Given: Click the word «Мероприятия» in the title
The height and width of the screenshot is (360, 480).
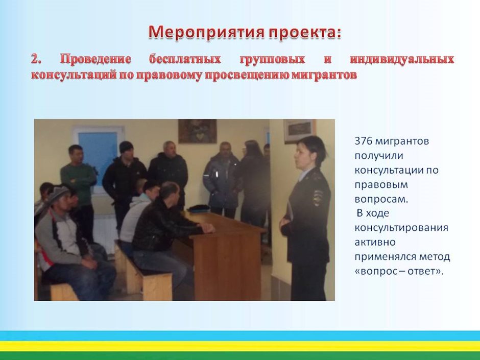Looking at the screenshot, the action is (x=206, y=32).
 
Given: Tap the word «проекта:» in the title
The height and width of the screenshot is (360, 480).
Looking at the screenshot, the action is (x=304, y=33).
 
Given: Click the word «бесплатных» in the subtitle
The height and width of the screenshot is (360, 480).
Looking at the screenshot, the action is (x=185, y=59).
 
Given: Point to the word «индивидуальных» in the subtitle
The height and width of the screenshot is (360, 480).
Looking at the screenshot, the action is (x=402, y=59).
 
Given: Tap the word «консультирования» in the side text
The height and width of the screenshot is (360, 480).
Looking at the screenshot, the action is (x=401, y=228).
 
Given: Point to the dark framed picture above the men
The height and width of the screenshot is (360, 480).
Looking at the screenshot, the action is (x=198, y=131).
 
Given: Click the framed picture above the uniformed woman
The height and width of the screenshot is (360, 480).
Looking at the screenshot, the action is (x=299, y=131).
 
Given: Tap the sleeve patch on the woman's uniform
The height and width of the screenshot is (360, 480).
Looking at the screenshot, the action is (x=318, y=198).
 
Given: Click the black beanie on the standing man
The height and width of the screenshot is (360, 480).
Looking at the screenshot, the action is (x=126, y=147).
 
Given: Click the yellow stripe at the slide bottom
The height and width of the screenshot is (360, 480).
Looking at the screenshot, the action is (x=240, y=346).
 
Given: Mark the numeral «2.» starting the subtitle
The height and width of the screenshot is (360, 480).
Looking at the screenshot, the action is (x=36, y=59).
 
